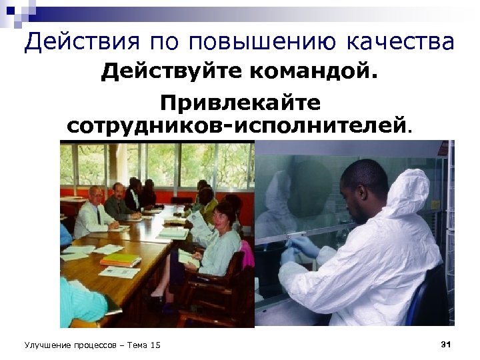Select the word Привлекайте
coord(240,103)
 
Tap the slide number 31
coord(446,344)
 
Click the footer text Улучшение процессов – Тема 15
coord(92,345)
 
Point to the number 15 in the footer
coord(155,345)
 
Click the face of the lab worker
coord(357,193)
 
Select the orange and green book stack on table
coord(120,259)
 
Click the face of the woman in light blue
coord(223,215)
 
